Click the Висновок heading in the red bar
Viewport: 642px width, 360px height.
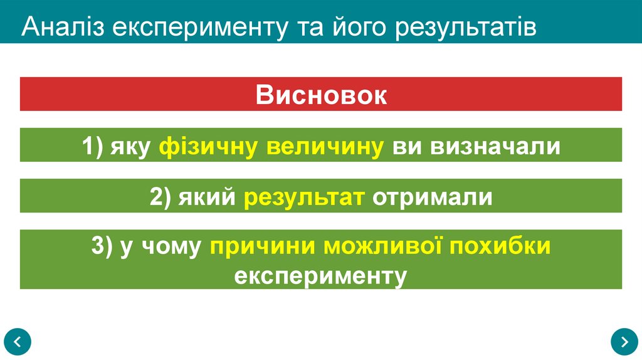tap(321, 95)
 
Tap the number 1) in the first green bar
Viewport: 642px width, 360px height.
tap(93, 146)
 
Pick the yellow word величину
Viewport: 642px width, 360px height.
tap(325, 146)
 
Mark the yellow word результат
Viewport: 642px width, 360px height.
tap(305, 197)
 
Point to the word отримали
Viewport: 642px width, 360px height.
tap(433, 197)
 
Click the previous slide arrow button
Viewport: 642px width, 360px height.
tap(18, 341)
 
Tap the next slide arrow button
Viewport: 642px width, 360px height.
tap(624, 341)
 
